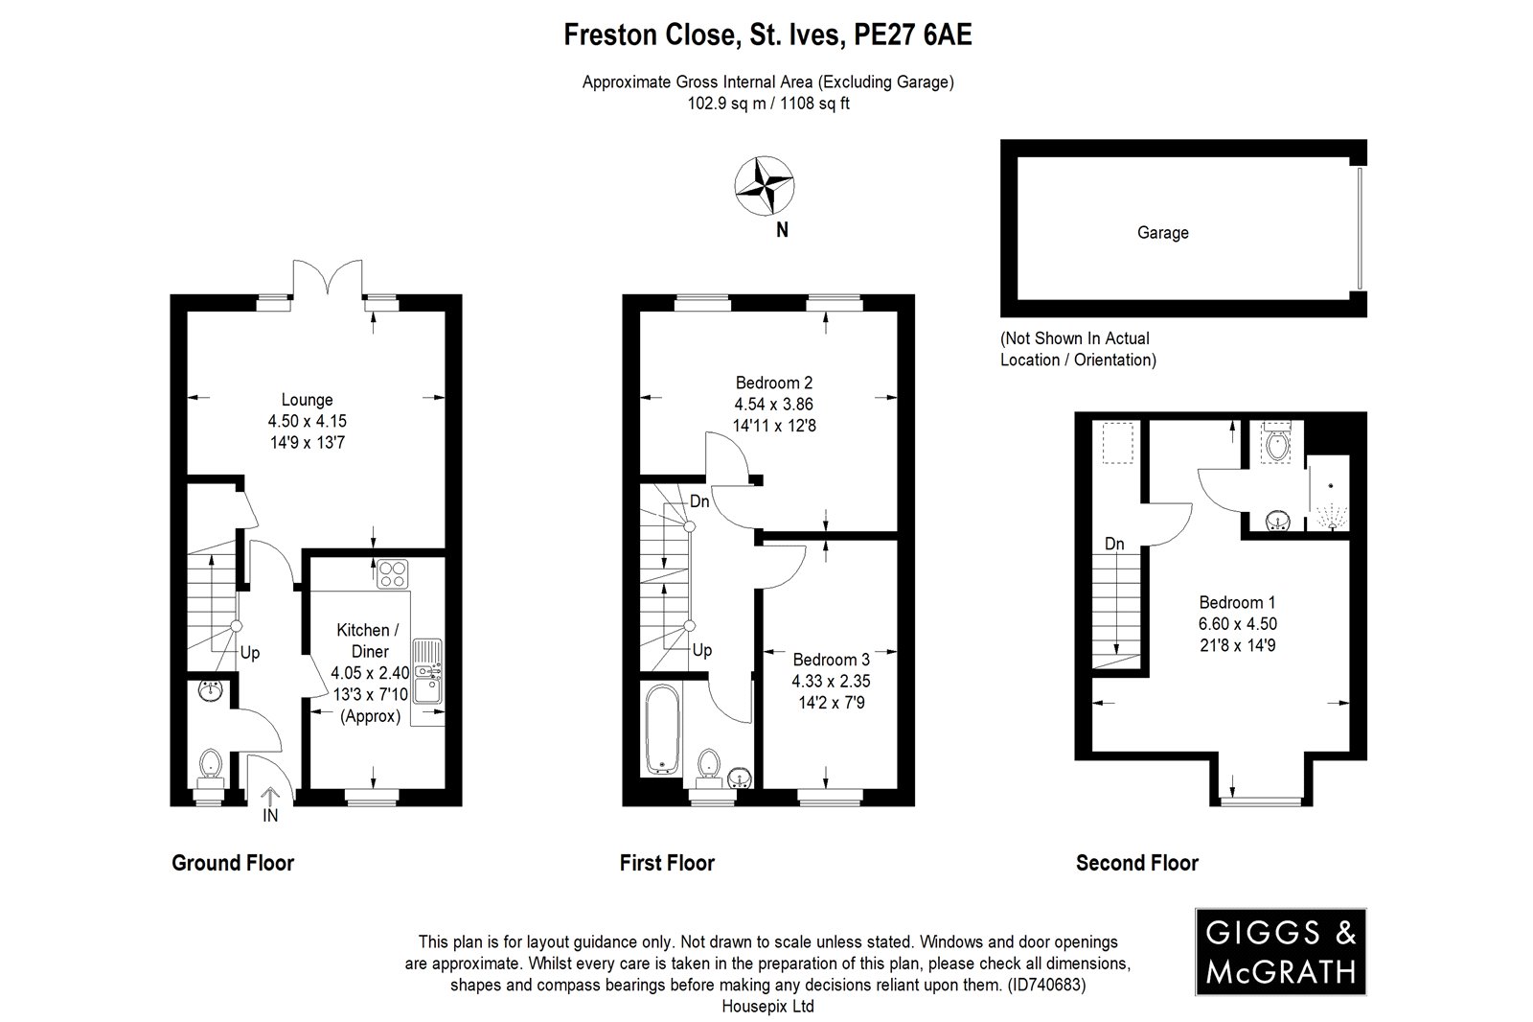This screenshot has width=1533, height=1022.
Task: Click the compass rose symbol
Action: click(x=764, y=186)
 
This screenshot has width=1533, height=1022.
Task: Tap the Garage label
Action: click(x=1163, y=233)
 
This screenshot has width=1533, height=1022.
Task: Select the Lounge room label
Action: click(x=307, y=400)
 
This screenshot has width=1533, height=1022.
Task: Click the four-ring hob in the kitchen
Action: click(x=393, y=574)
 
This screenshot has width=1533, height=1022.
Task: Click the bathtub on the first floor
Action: click(x=662, y=730)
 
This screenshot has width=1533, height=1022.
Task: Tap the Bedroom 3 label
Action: click(x=831, y=660)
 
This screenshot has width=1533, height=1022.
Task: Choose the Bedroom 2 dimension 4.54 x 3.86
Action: click(x=774, y=405)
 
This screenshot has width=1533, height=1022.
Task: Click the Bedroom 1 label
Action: click(x=1237, y=603)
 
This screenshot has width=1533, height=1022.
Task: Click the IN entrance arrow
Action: click(x=270, y=805)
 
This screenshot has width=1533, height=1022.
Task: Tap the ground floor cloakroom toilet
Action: click(x=210, y=769)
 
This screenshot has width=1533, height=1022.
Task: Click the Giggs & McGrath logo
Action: click(x=1280, y=951)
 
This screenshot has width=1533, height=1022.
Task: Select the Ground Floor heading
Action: click(x=233, y=863)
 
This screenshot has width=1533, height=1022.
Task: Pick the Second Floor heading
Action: click(x=1136, y=863)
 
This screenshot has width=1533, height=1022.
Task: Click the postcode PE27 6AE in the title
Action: click(x=912, y=35)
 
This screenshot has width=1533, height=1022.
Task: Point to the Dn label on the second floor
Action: click(x=1114, y=544)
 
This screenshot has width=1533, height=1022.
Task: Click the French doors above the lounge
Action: click(x=328, y=280)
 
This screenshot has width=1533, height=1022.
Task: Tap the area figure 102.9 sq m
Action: click(x=727, y=104)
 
